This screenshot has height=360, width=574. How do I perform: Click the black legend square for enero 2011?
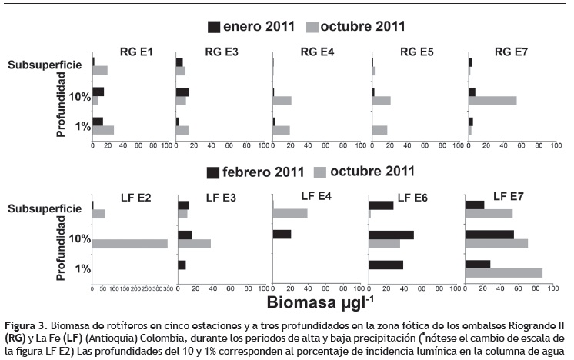pos(214,27)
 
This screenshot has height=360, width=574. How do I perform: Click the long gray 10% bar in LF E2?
pos(129,244)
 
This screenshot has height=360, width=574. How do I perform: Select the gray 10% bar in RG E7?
pos(492,101)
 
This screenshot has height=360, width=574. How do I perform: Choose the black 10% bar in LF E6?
pos(391,235)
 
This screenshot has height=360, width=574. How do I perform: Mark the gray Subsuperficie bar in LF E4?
pos(290,213)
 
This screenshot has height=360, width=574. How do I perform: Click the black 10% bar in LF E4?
pos(282,235)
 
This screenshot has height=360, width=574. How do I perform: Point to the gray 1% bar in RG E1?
pos(103,130)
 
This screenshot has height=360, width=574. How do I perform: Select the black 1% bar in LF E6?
pos(385,265)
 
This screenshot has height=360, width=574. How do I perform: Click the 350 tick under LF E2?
pos(164,289)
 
